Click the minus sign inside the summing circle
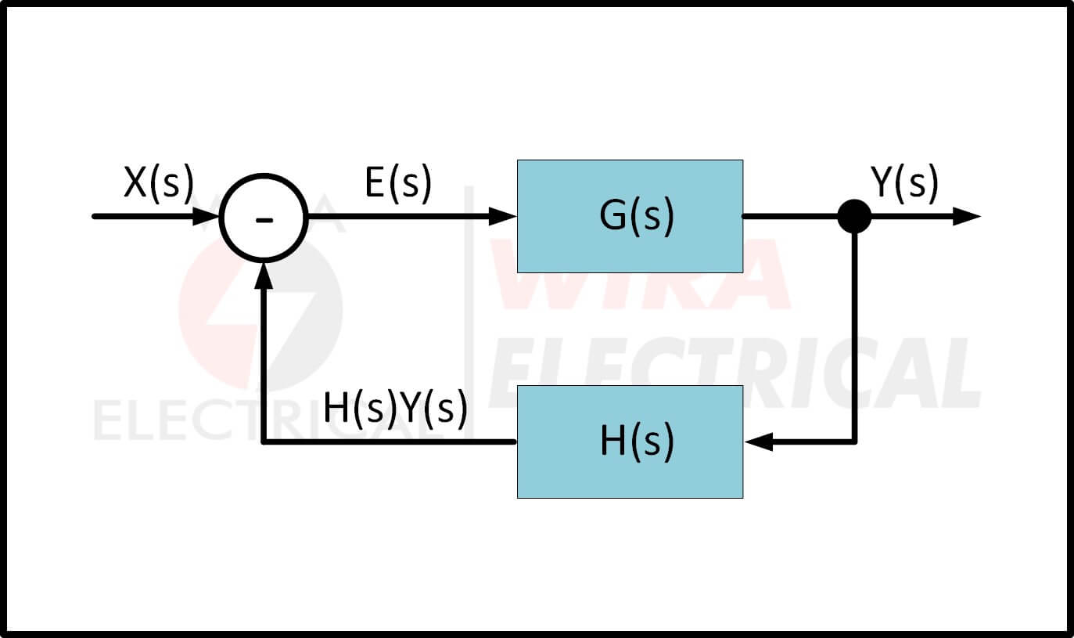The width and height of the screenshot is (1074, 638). tap(264, 220)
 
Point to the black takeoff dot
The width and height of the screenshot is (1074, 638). tap(854, 217)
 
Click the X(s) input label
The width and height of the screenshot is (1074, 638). tap(157, 184)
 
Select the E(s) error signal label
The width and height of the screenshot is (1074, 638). tap(397, 184)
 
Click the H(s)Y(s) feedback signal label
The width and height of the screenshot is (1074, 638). tap(395, 409)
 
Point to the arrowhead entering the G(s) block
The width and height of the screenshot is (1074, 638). tap(503, 217)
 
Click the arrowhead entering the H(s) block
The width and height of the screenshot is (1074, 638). tap(758, 442)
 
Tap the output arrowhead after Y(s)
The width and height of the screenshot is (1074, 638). tap(967, 217)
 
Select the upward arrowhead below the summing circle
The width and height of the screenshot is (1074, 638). tap(264, 274)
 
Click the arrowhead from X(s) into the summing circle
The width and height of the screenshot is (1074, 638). tap(205, 217)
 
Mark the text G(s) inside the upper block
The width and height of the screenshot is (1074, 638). tap(636, 217)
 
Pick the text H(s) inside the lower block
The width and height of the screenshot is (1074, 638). tap(636, 442)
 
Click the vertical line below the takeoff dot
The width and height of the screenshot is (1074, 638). tap(854, 337)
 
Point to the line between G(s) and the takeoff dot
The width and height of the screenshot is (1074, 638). tap(790, 217)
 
